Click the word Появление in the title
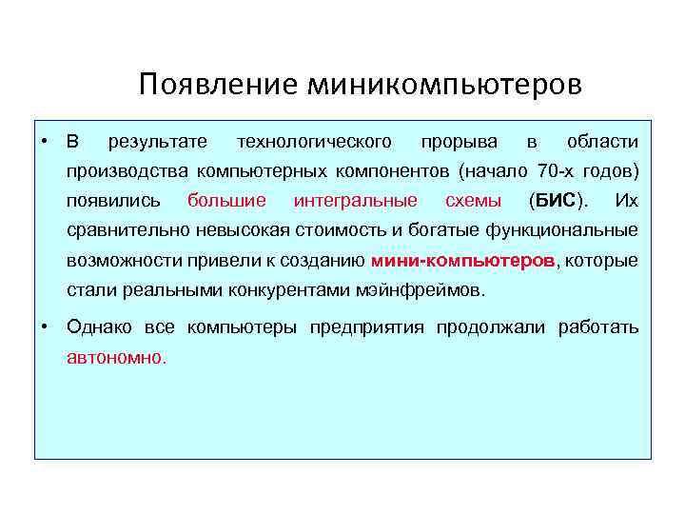pos(218,86)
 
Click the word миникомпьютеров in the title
pos(443,86)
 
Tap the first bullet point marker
pos(45,142)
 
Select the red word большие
pos(226,201)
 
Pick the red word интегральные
pos(355,201)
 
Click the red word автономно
pos(116,358)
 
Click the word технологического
pos(314,142)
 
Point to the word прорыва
pos(459,142)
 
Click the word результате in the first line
pos(158,142)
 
